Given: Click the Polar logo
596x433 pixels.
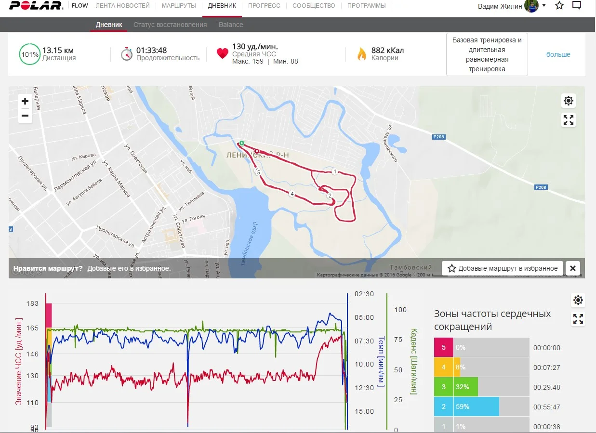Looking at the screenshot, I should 36,6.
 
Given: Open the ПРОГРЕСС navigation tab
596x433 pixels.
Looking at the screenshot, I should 264,6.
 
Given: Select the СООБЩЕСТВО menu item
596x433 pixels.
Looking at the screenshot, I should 314,6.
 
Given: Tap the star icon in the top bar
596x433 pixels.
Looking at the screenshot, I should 559,6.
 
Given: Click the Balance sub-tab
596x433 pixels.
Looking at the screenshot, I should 231,25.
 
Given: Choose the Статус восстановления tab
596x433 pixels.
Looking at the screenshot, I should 170,25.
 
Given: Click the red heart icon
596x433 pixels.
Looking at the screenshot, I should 222,53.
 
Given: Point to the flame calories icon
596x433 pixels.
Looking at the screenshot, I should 361,54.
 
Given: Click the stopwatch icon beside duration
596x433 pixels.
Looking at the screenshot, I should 127,53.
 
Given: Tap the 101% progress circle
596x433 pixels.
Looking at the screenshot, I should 30,54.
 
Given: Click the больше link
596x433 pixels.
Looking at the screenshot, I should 558,54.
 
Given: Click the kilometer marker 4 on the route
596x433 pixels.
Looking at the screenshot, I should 291,194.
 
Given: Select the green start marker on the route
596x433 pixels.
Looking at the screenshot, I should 242,143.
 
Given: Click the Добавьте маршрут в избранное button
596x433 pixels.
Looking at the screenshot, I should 503,268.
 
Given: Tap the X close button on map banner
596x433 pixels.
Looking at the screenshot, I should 572,268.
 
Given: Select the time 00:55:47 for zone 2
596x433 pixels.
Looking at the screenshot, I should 546,407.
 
